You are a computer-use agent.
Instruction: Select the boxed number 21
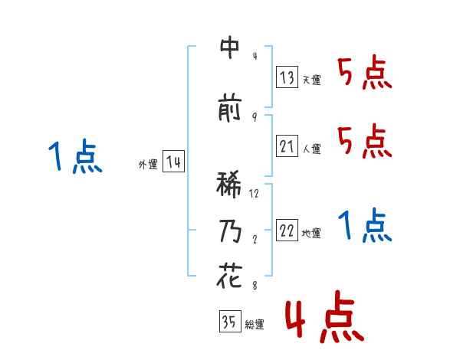click(287, 146)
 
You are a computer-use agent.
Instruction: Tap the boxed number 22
click(287, 231)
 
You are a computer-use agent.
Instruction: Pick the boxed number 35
click(229, 322)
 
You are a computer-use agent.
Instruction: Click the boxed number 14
click(173, 162)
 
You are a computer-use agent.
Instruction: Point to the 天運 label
click(312, 80)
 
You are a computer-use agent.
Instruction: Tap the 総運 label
click(255, 325)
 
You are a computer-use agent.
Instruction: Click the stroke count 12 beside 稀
click(255, 193)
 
